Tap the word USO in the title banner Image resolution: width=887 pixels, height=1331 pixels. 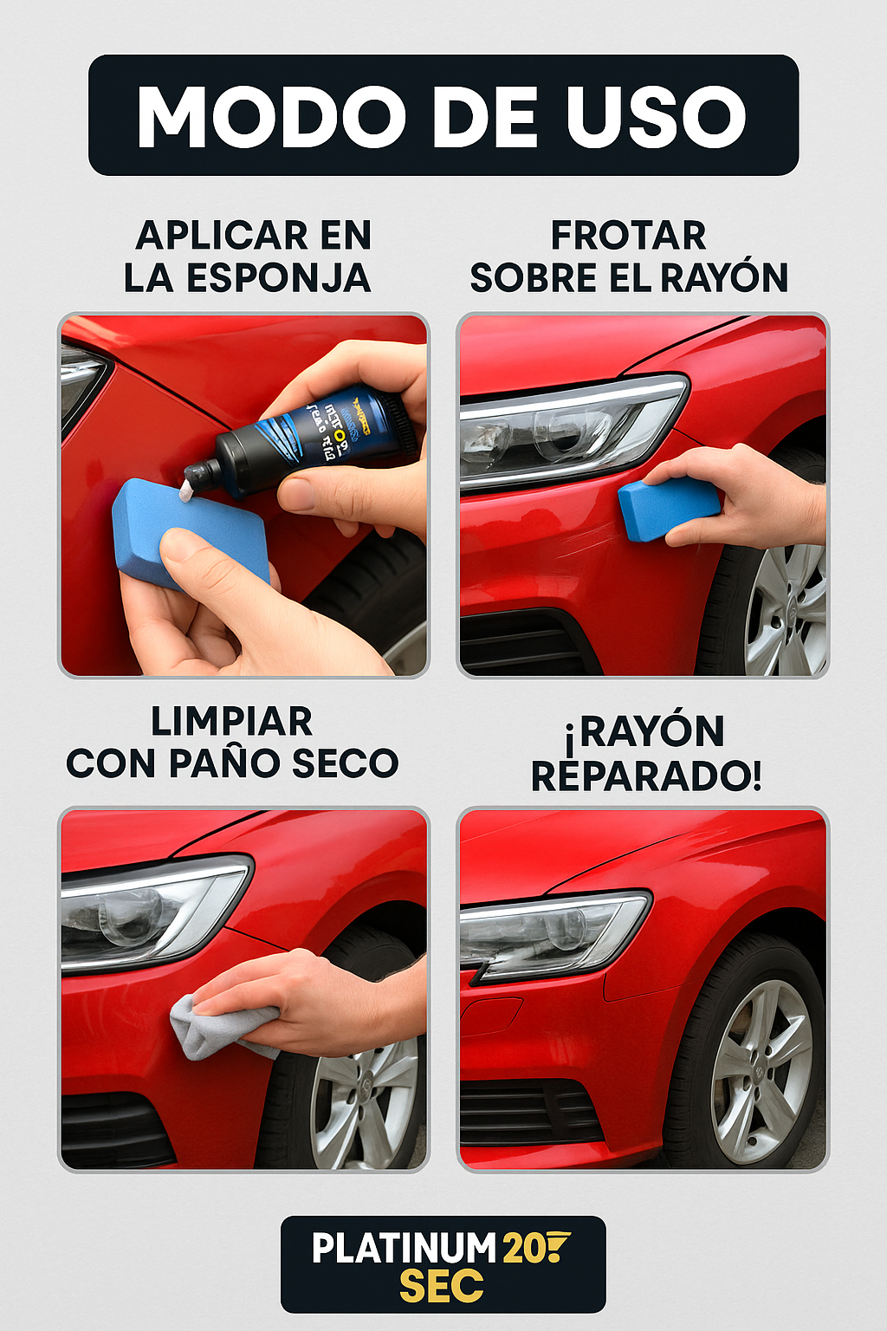pyautogui.click(x=656, y=116)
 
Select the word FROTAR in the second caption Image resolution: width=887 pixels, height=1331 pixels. pyautogui.click(x=628, y=235)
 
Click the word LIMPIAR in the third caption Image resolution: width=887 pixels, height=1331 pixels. pyautogui.click(x=232, y=721)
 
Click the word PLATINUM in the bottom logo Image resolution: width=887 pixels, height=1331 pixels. pyautogui.click(x=404, y=1249)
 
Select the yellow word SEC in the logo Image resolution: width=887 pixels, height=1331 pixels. pyautogui.click(x=442, y=1287)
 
